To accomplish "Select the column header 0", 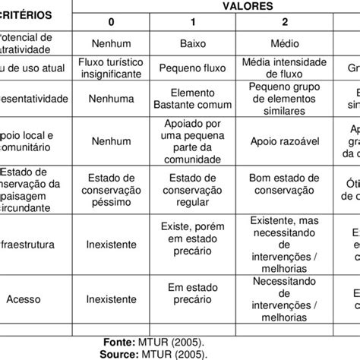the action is tap(112, 21).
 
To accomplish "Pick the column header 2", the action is tap(280, 21).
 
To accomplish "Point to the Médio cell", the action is tap(281, 44).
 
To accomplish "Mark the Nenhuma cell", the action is tap(112, 98).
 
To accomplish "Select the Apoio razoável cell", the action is tap(281, 141).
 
